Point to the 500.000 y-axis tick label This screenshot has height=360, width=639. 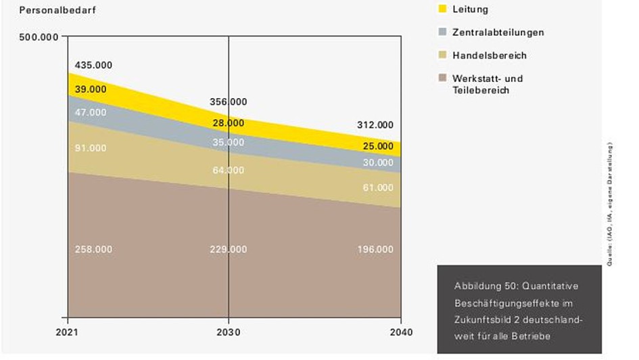point(40,37)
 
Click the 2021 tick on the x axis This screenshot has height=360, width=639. point(68,332)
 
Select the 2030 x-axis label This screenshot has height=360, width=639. point(229,332)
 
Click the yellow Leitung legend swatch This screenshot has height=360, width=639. point(443,9)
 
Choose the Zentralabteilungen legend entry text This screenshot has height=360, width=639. point(498,32)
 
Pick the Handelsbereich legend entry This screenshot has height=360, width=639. point(489,55)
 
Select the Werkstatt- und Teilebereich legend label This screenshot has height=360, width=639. point(488,84)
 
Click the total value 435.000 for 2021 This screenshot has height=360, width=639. point(93,66)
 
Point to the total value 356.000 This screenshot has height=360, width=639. point(229,102)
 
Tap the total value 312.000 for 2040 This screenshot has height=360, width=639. point(375,125)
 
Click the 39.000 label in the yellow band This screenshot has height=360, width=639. point(91,89)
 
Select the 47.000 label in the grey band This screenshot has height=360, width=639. point(91,112)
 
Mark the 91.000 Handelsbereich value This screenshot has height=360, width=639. point(91,148)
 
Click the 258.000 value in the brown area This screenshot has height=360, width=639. point(93,250)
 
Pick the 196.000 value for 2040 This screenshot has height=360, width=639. point(375,250)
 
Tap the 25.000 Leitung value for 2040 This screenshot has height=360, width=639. point(378,146)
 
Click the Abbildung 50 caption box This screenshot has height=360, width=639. point(519,308)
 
